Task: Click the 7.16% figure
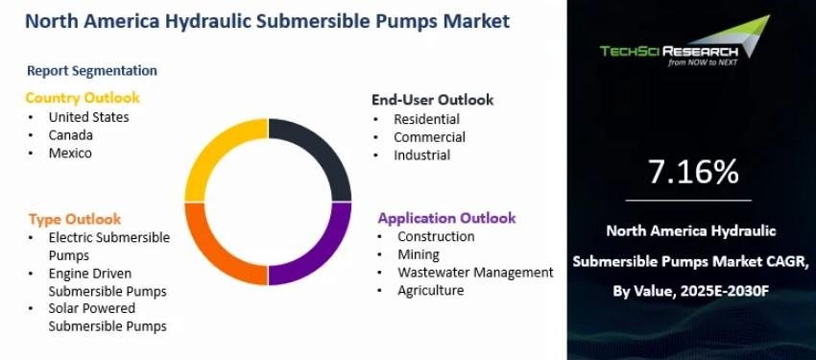693,172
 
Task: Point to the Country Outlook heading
83,98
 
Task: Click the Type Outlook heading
75,219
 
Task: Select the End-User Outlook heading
432,100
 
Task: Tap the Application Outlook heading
447,218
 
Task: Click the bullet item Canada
71,135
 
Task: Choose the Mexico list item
70,153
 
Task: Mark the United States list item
88,117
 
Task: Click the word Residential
427,119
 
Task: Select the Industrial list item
422,155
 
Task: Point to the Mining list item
419,255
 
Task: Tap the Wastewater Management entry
475,272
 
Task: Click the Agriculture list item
430,290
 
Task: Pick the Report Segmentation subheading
92,71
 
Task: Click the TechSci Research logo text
669,52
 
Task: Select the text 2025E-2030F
726,291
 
